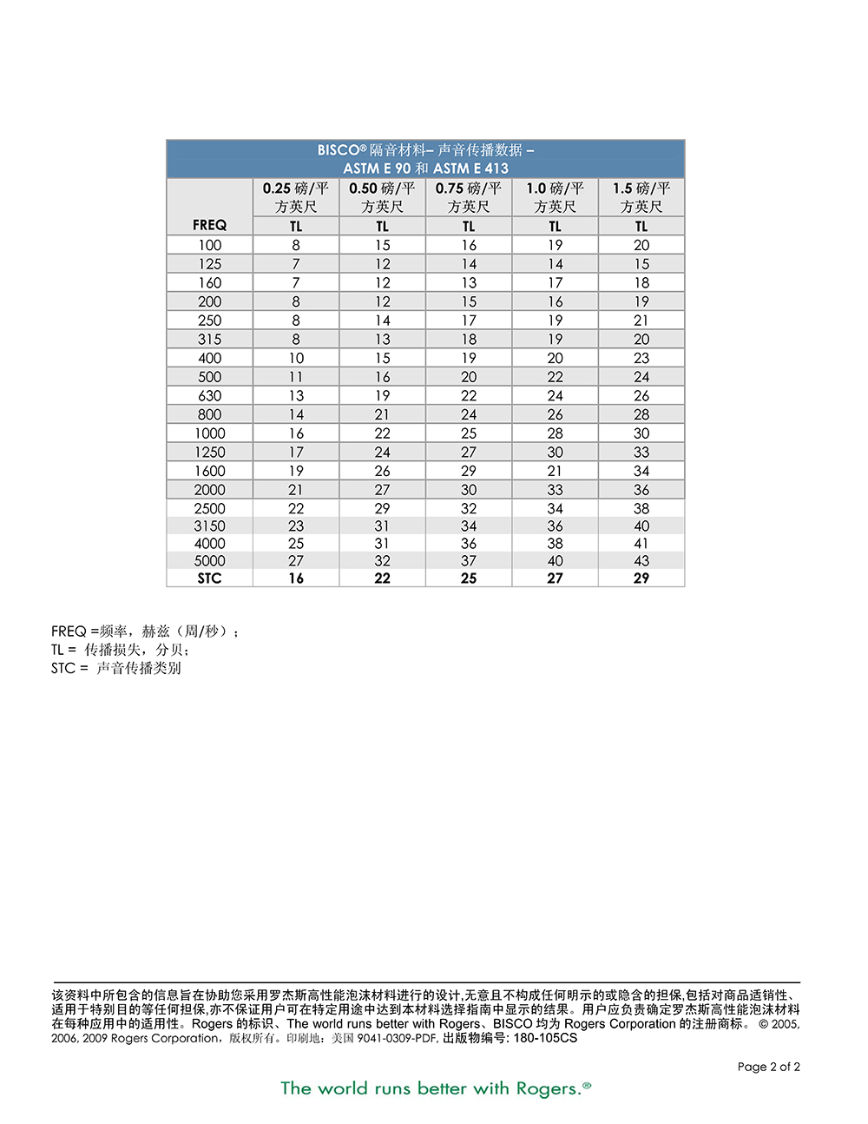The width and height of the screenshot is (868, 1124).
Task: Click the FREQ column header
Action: [209, 225]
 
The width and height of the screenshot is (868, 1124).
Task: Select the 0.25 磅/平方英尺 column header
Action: [296, 197]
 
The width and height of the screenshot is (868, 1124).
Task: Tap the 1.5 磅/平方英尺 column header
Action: [641, 197]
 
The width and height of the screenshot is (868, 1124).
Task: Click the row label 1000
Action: [209, 433]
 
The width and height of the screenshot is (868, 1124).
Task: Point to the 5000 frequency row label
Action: [209, 561]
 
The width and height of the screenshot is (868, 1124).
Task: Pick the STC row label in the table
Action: [209, 579]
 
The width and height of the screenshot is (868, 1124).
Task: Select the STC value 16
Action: [296, 579]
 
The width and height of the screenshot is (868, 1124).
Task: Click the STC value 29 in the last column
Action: [641, 579]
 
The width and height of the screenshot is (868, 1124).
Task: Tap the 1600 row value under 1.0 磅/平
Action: [556, 471]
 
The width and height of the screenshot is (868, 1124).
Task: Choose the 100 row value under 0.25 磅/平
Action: [296, 245]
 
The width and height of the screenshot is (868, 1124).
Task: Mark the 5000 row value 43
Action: [641, 561]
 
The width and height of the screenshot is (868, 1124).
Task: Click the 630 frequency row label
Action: [209, 396]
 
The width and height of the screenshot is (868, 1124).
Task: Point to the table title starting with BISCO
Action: [425, 150]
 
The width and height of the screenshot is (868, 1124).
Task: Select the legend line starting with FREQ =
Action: [144, 631]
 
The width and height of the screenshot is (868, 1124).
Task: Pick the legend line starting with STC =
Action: [116, 668]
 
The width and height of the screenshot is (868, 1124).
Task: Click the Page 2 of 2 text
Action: [768, 1067]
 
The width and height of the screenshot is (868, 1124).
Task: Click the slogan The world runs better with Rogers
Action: [435, 1088]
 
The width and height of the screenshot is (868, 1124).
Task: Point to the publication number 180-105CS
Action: [545, 1038]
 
